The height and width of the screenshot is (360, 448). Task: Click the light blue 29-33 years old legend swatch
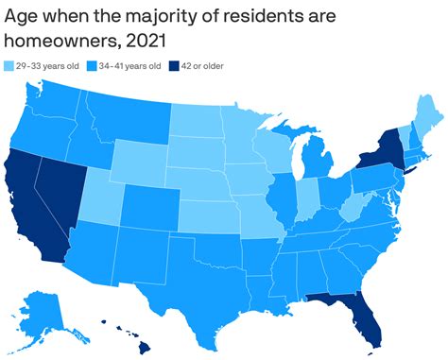click(x=9, y=65)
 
